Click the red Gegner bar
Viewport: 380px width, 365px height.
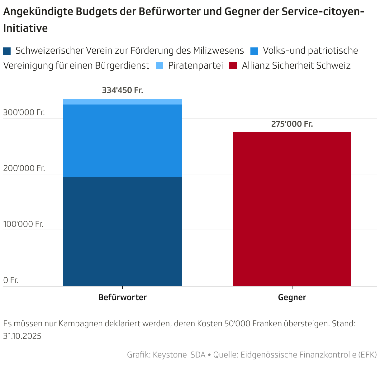coord(292,209)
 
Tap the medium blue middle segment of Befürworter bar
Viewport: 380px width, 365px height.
coord(122,141)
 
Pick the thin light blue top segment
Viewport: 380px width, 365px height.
coord(122,102)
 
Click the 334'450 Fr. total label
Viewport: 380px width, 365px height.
coord(122,90)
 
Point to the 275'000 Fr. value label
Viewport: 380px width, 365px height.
coord(292,124)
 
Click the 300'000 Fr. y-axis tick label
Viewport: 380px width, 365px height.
coord(24,112)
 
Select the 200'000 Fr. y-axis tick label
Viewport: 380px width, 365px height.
coord(24,168)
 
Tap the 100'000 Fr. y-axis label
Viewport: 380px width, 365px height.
coord(23,224)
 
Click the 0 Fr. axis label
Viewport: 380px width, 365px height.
coord(11,280)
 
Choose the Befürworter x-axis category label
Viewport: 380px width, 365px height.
coord(122,297)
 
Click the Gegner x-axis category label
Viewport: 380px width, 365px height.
coord(292,297)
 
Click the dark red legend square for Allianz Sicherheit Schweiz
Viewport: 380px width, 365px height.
coord(233,66)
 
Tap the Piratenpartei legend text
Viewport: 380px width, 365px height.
coord(195,66)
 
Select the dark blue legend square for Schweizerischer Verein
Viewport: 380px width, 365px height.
coord(7,51)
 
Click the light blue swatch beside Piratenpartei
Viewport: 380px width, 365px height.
coord(159,66)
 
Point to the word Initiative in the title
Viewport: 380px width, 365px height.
coord(26,28)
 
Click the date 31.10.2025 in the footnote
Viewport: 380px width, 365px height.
coord(22,336)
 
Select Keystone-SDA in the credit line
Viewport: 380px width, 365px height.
coord(179,355)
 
